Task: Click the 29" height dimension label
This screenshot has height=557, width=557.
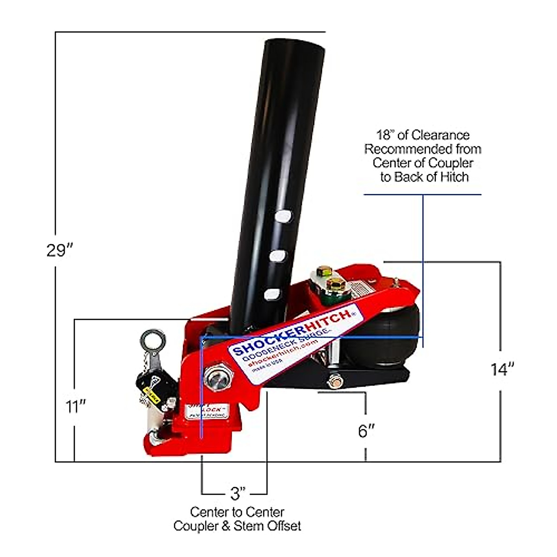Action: [x=60, y=250]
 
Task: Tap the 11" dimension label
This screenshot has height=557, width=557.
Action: [x=76, y=407]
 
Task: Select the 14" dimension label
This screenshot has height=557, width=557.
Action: [x=502, y=369]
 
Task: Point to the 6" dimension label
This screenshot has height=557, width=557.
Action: [x=366, y=430]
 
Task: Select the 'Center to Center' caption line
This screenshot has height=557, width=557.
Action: [x=237, y=512]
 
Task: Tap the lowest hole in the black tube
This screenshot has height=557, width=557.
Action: [x=272, y=294]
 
